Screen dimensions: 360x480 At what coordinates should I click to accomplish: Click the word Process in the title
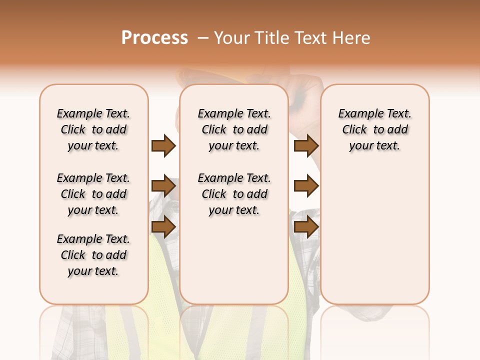pos(154,38)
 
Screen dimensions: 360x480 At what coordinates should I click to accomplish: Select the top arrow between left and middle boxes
pos(163,145)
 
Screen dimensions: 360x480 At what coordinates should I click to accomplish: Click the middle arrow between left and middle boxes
pos(163,186)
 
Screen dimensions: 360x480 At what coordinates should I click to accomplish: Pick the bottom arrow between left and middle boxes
pos(163,227)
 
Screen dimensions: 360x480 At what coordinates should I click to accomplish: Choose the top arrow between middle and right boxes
pos(306,145)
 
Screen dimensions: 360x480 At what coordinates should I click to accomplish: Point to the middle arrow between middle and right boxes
pos(306,186)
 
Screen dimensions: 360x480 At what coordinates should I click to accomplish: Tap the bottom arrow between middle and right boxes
pos(306,227)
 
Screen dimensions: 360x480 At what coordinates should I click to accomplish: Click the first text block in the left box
pos(93,129)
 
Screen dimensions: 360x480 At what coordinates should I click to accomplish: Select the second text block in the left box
pos(93,194)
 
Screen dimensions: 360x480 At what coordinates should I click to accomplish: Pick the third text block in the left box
pos(93,255)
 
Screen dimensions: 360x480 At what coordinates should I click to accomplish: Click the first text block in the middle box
pos(234,129)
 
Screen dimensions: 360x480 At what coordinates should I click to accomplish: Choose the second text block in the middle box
pos(234,194)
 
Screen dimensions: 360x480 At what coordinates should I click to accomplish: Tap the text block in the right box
pos(374,129)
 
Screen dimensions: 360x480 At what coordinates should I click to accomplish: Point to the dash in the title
pos(203,38)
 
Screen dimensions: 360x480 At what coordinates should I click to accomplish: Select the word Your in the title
pos(233,38)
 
